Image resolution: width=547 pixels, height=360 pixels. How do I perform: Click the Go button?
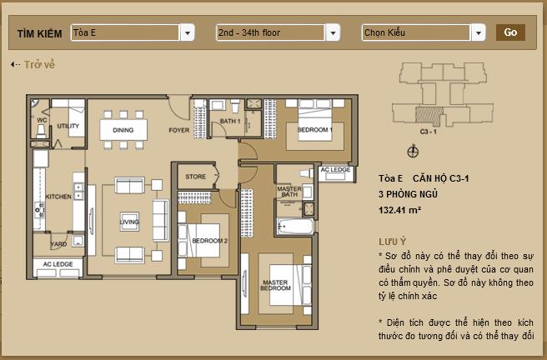(510, 32)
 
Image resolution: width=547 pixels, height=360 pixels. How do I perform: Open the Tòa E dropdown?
(133, 32)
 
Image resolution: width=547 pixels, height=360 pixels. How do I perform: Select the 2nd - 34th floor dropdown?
(278, 32)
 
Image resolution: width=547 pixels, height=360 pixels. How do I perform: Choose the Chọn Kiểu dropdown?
(424, 32)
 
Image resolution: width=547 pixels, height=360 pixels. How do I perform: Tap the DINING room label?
(123, 130)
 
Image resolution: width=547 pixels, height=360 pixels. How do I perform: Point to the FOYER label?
(178, 130)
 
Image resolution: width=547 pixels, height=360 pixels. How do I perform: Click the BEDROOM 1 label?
(315, 130)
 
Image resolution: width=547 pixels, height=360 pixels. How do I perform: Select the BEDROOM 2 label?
(209, 241)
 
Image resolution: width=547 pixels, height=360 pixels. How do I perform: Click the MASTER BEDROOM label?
(275, 286)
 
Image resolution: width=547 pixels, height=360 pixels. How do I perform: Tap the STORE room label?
(195, 177)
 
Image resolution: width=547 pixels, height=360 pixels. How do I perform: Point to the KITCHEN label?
(58, 197)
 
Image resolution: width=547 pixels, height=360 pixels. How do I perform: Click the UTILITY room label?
(68, 126)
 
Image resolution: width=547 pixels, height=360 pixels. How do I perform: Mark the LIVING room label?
(129, 222)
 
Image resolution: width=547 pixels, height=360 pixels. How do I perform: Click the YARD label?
(58, 244)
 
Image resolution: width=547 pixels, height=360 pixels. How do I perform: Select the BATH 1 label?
(230, 122)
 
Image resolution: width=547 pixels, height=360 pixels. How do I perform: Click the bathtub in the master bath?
(295, 227)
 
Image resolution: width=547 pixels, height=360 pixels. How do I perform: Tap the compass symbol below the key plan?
(413, 152)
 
